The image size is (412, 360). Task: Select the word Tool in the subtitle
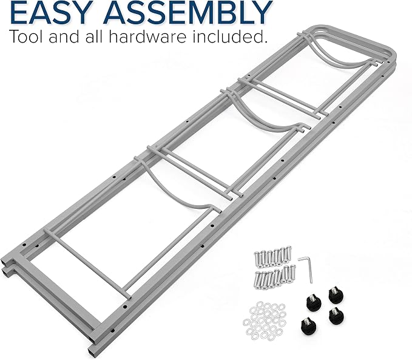click(x=25, y=36)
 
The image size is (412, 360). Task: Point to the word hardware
click(x=147, y=36)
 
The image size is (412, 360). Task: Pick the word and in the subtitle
click(x=64, y=36)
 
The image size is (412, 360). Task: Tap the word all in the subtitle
click(x=94, y=36)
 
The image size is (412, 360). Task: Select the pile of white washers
click(x=265, y=321)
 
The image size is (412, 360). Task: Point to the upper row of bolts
click(x=272, y=256)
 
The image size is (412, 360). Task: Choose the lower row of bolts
click(x=274, y=277)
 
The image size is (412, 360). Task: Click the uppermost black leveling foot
click(x=336, y=295)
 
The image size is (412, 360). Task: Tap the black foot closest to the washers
click(x=308, y=325)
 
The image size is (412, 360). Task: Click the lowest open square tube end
click(x=92, y=352)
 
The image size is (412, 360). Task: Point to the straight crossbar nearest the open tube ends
click(x=88, y=263)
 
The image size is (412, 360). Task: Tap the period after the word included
click(x=265, y=41)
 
